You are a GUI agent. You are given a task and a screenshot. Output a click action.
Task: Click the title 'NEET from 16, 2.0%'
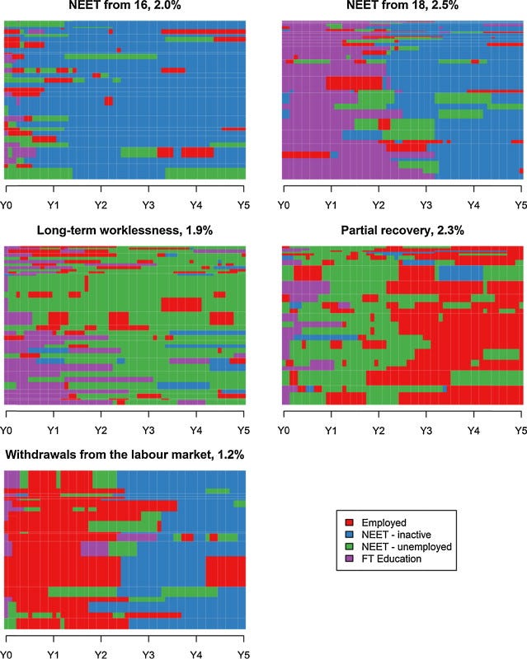coord(125,7)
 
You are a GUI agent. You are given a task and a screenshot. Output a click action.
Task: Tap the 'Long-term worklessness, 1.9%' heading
coord(125,231)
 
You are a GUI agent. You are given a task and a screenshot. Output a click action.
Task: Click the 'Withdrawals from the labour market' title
coord(125,454)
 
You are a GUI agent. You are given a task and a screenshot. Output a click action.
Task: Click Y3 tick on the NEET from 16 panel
coord(148,203)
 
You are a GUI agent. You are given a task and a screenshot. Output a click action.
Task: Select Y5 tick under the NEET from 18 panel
coord(520,203)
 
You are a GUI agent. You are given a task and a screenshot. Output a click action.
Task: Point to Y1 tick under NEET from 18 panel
coord(331,203)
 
